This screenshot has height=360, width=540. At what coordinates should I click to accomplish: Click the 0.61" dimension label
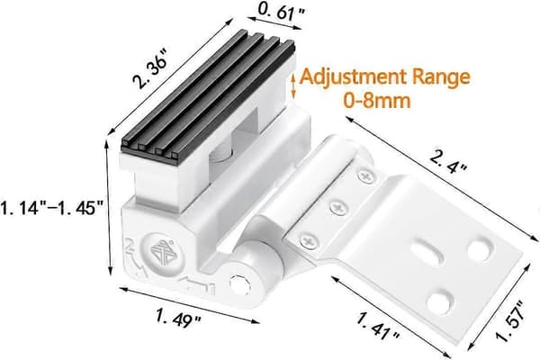282,13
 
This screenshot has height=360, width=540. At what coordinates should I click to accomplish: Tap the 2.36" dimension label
150,69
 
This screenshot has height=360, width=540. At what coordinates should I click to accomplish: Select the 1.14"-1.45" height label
51,209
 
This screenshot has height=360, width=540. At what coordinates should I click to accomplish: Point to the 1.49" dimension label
178,319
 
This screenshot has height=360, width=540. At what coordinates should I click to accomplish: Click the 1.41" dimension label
378,327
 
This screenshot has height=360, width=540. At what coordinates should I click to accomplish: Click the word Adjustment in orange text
353,78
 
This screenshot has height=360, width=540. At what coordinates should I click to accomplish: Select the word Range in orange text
441,78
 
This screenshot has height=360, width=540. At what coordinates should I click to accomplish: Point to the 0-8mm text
377,101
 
